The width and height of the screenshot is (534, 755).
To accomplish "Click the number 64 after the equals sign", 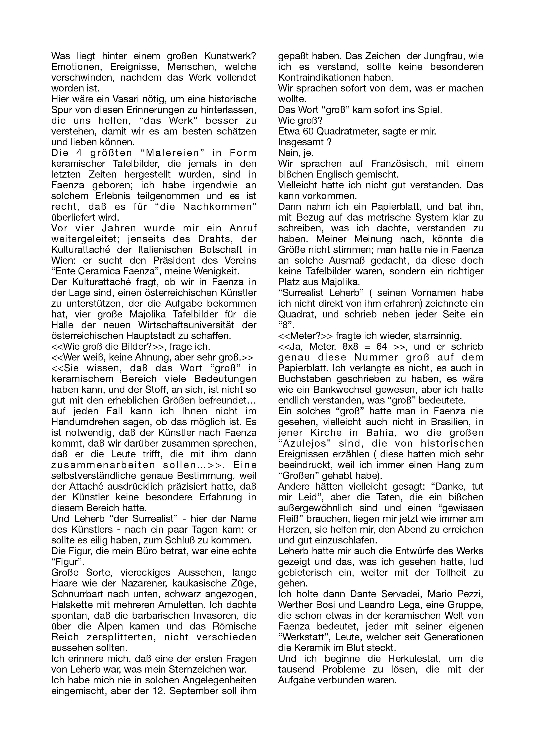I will pyautogui.click(x=376, y=347).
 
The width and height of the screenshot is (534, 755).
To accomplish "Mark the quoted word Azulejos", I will pyautogui.click(x=304, y=443).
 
